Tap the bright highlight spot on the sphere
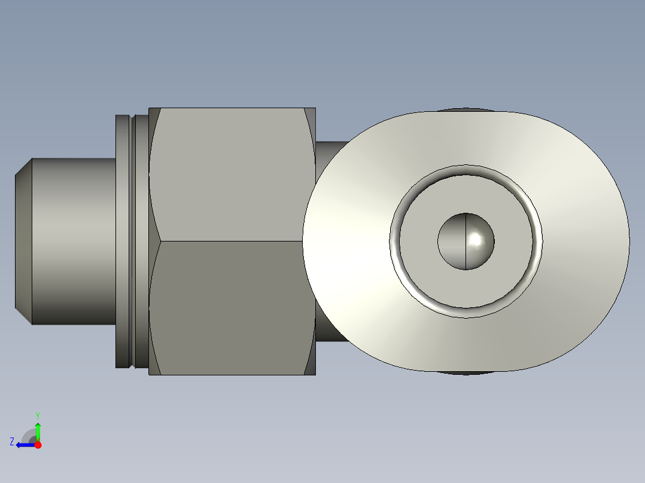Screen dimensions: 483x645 tap(477, 239)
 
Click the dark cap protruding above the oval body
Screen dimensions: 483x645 tap(464, 110)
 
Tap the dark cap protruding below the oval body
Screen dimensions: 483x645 tap(464, 372)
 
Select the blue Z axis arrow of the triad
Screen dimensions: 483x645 tap(24, 445)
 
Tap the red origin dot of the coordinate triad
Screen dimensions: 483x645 tap(38, 445)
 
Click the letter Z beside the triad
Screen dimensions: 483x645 tap(12, 442)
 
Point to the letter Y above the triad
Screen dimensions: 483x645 tap(37, 415)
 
